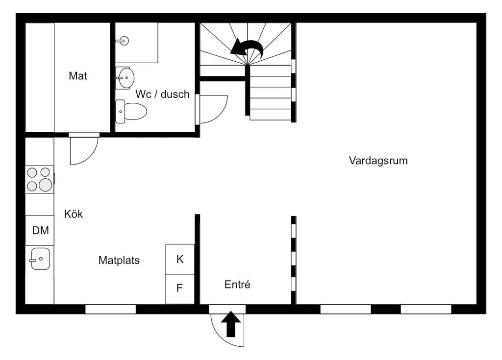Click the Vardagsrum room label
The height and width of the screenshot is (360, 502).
point(378,161)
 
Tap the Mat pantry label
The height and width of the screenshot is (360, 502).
point(78,76)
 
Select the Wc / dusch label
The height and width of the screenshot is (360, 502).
point(162,95)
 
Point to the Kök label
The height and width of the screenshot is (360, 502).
point(74,214)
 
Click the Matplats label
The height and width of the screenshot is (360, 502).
point(119,260)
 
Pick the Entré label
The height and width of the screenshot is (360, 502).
point(237,284)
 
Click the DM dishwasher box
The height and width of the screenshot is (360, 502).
point(40,230)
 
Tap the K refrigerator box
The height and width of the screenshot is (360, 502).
point(180,259)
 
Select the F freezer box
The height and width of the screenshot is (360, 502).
point(180,289)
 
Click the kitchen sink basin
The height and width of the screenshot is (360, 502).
point(40,259)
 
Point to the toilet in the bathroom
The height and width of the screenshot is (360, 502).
point(130,111)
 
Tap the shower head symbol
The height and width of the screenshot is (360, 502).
point(124,41)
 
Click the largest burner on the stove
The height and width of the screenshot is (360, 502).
point(46,185)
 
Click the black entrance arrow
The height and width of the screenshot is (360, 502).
point(231,324)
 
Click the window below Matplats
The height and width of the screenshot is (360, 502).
point(110,309)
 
